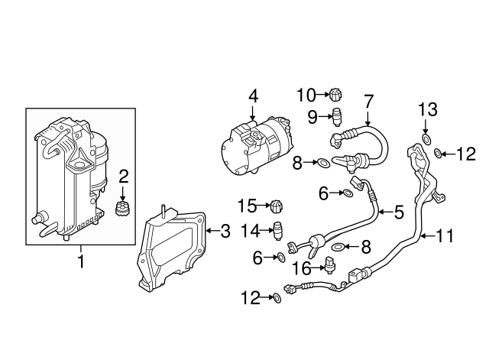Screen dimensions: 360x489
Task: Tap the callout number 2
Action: click(124, 177)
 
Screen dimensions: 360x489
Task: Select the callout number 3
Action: click(224, 229)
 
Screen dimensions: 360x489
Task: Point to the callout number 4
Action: click(253, 96)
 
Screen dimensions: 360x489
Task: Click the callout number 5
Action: click(398, 212)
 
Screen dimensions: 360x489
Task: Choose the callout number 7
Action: click(368, 99)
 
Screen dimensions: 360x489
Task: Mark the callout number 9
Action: click(313, 116)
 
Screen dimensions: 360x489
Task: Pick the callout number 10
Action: click(306, 95)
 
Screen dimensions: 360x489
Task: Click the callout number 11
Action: click(444, 236)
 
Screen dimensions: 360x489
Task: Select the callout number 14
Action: click(250, 229)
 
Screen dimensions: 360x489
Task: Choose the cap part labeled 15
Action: click(278, 206)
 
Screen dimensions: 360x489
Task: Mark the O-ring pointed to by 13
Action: click(426, 140)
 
